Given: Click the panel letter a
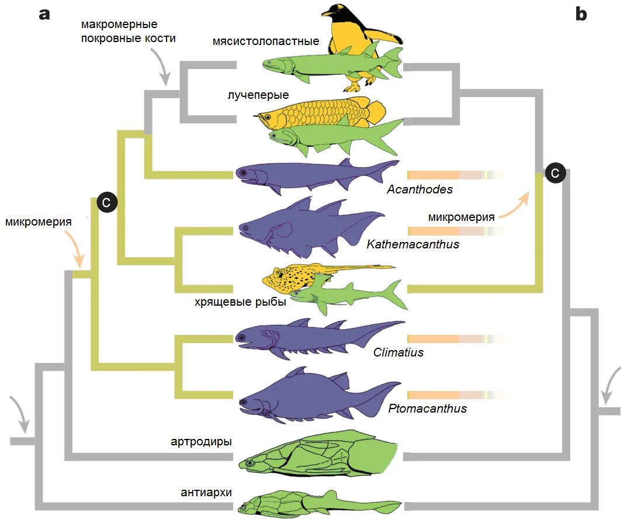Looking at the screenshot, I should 45,15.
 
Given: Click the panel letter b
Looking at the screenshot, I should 581,15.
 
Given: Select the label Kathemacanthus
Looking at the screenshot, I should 412,244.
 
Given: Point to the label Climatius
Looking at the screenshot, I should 398,352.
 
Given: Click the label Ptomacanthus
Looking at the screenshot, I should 427,409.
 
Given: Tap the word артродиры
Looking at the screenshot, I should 201,442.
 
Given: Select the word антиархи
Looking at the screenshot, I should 206,493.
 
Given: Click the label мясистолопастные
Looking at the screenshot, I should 266,41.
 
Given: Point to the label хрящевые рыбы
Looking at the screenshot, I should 240,302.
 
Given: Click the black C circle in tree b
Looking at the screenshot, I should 555,173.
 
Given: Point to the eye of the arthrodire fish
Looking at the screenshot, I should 251,463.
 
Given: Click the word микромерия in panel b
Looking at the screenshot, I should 461,217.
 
